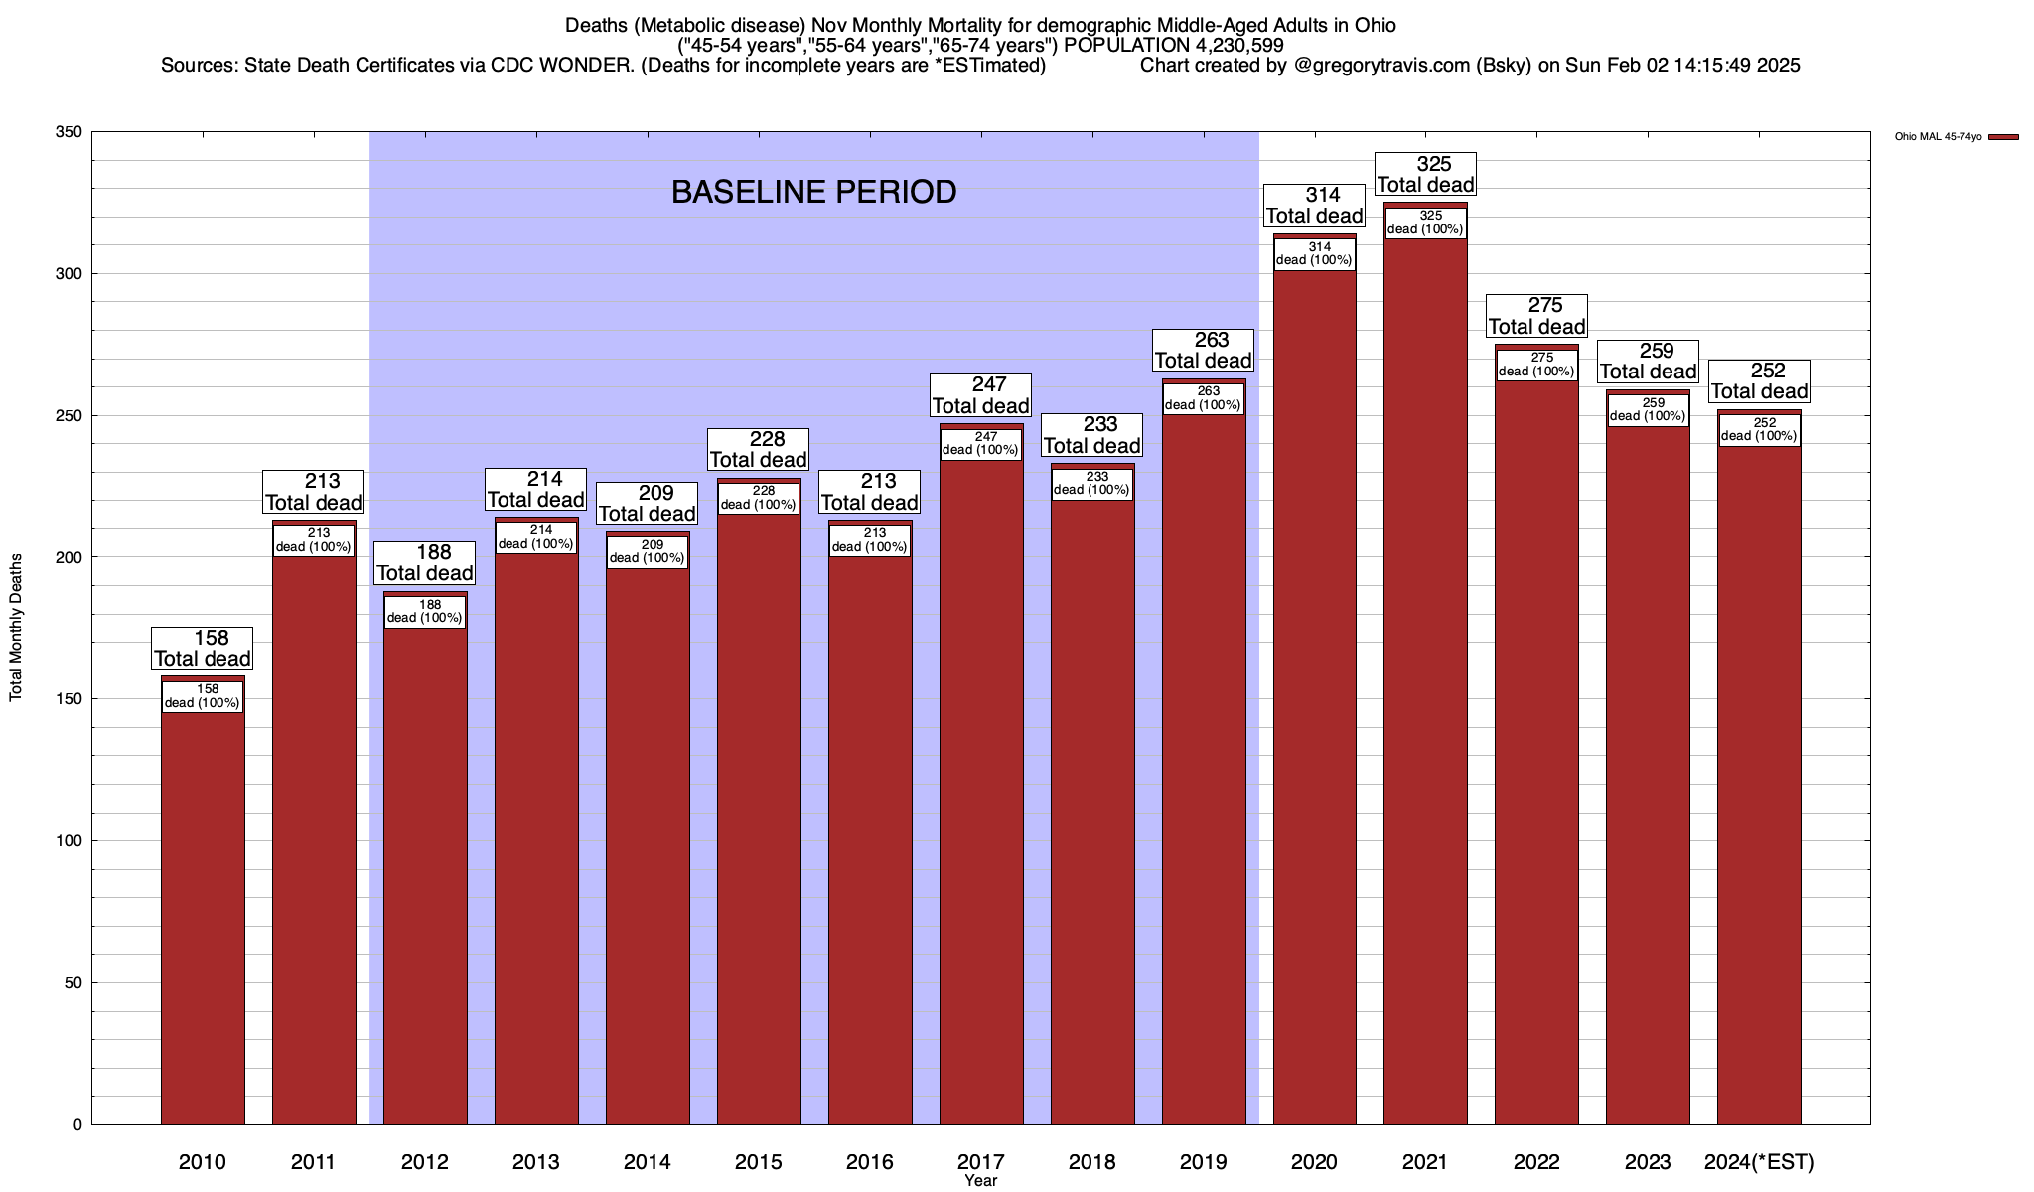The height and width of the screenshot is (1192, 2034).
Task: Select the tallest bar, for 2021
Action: click(x=1425, y=695)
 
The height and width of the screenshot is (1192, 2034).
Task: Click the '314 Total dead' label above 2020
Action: click(x=1315, y=206)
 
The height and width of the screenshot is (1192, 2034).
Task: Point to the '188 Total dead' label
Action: click(x=425, y=563)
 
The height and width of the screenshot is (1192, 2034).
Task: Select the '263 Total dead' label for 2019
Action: click(x=1204, y=351)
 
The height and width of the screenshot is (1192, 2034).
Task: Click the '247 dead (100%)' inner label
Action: click(x=980, y=443)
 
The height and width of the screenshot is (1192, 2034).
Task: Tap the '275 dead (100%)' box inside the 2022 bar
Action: click(x=1536, y=365)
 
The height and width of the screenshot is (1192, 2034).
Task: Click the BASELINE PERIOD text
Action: click(x=813, y=192)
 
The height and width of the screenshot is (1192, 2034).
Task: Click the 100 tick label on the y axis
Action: click(x=70, y=841)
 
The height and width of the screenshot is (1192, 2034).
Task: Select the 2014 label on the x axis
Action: click(x=648, y=1162)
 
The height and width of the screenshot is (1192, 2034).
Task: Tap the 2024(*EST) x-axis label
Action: click(x=1759, y=1162)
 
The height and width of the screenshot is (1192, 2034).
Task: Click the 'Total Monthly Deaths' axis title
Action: click(x=16, y=628)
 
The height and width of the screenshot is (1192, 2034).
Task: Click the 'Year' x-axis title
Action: click(x=980, y=1181)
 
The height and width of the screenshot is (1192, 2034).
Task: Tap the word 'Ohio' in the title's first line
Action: click(x=1373, y=25)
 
